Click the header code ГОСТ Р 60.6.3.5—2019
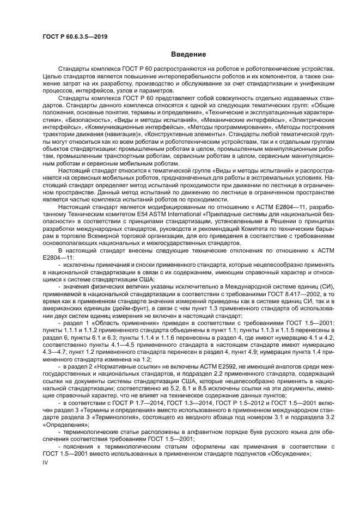click(75, 36)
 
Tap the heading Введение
click(188, 54)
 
